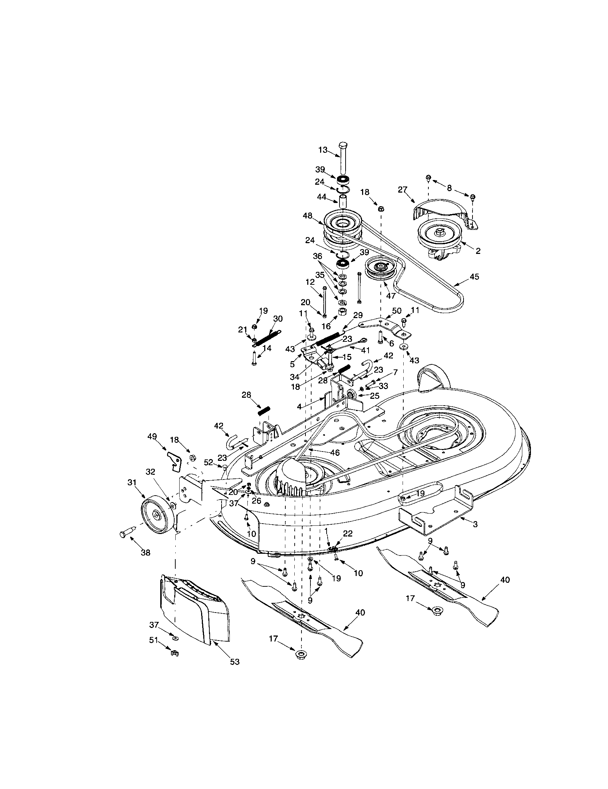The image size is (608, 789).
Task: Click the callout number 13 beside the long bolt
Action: (323, 150)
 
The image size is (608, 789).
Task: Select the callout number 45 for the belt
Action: (474, 277)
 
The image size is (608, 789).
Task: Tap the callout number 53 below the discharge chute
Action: (235, 662)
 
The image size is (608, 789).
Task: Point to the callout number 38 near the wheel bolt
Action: (146, 553)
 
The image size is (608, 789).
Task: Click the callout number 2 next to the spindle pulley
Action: (478, 251)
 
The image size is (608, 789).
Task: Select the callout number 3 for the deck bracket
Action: (475, 524)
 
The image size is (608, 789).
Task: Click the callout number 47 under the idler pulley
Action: (391, 296)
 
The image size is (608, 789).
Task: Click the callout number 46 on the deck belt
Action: (335, 452)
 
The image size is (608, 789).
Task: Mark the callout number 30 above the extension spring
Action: (278, 318)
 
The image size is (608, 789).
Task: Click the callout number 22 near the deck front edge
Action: (348, 533)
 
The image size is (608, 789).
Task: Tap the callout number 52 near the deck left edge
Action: (209, 462)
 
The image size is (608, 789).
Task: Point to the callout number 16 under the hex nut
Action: (326, 326)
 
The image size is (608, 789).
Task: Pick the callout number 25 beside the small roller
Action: (374, 396)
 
